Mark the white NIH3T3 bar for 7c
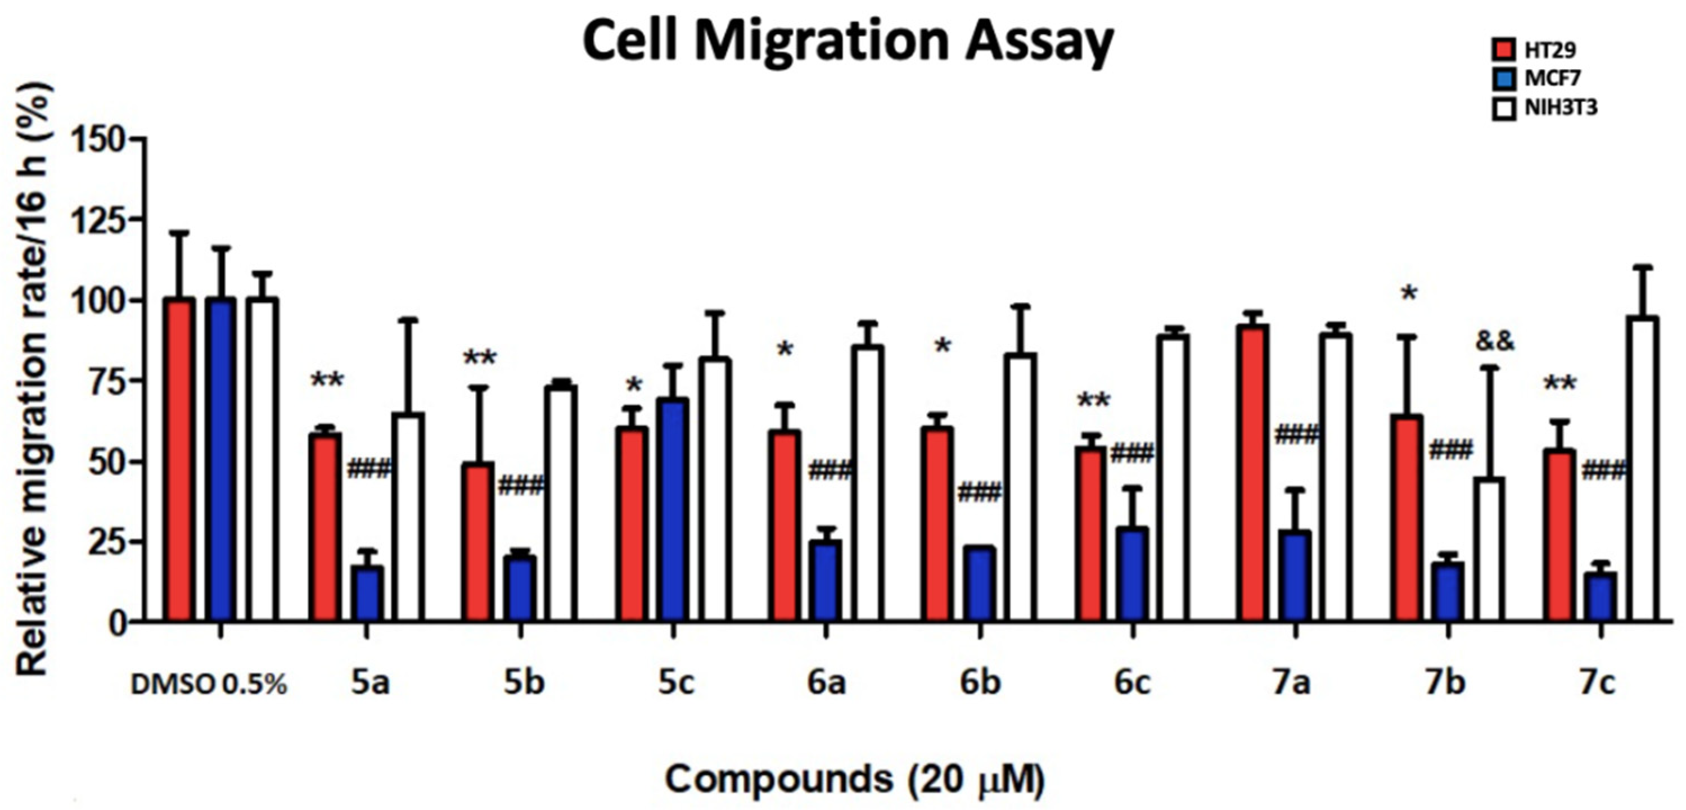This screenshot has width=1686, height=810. (x=1642, y=468)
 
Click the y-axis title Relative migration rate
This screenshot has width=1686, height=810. (x=36, y=379)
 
